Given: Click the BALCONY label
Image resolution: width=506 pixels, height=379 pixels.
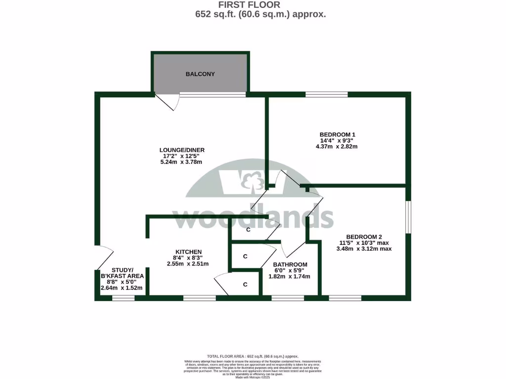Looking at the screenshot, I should [200, 74].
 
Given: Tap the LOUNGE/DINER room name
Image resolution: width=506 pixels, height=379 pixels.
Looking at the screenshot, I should [182, 150].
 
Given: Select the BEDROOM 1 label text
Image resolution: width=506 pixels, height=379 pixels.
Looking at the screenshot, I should [337, 134].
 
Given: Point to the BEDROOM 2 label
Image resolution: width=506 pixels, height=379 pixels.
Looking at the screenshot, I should [364, 236].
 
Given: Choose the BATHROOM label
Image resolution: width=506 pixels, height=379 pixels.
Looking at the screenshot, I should [290, 264].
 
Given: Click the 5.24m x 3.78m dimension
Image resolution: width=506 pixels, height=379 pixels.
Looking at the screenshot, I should [182, 162].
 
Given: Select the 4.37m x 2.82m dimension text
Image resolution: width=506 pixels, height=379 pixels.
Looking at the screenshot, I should [337, 146].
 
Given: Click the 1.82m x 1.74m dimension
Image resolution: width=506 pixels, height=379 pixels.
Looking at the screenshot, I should [289, 276].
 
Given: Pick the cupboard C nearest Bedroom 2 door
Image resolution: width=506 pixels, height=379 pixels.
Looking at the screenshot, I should [249, 230].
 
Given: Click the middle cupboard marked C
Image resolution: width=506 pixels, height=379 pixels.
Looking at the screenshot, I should [245, 257].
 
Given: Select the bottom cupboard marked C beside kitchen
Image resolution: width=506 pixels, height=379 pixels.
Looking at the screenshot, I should [245, 285].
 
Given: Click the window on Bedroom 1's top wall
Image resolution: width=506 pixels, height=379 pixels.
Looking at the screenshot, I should [326, 94].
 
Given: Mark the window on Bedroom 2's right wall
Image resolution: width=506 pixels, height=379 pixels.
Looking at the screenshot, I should [408, 216].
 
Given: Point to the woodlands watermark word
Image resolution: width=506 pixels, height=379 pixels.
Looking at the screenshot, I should [253, 217].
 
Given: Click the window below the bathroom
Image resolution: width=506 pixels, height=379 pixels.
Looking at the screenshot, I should [288, 298].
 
